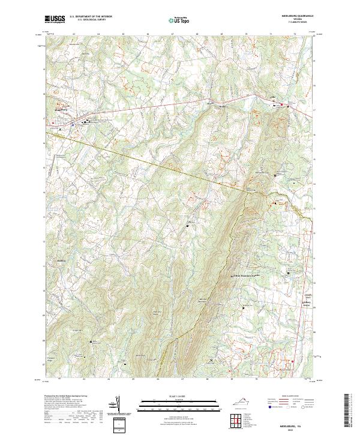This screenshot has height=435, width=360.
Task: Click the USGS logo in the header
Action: coord(55,19)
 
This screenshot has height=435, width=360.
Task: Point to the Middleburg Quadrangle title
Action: coord(297,16)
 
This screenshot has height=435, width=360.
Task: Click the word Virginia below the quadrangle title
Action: coord(297,19)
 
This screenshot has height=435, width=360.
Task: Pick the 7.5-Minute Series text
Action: coord(297,22)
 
